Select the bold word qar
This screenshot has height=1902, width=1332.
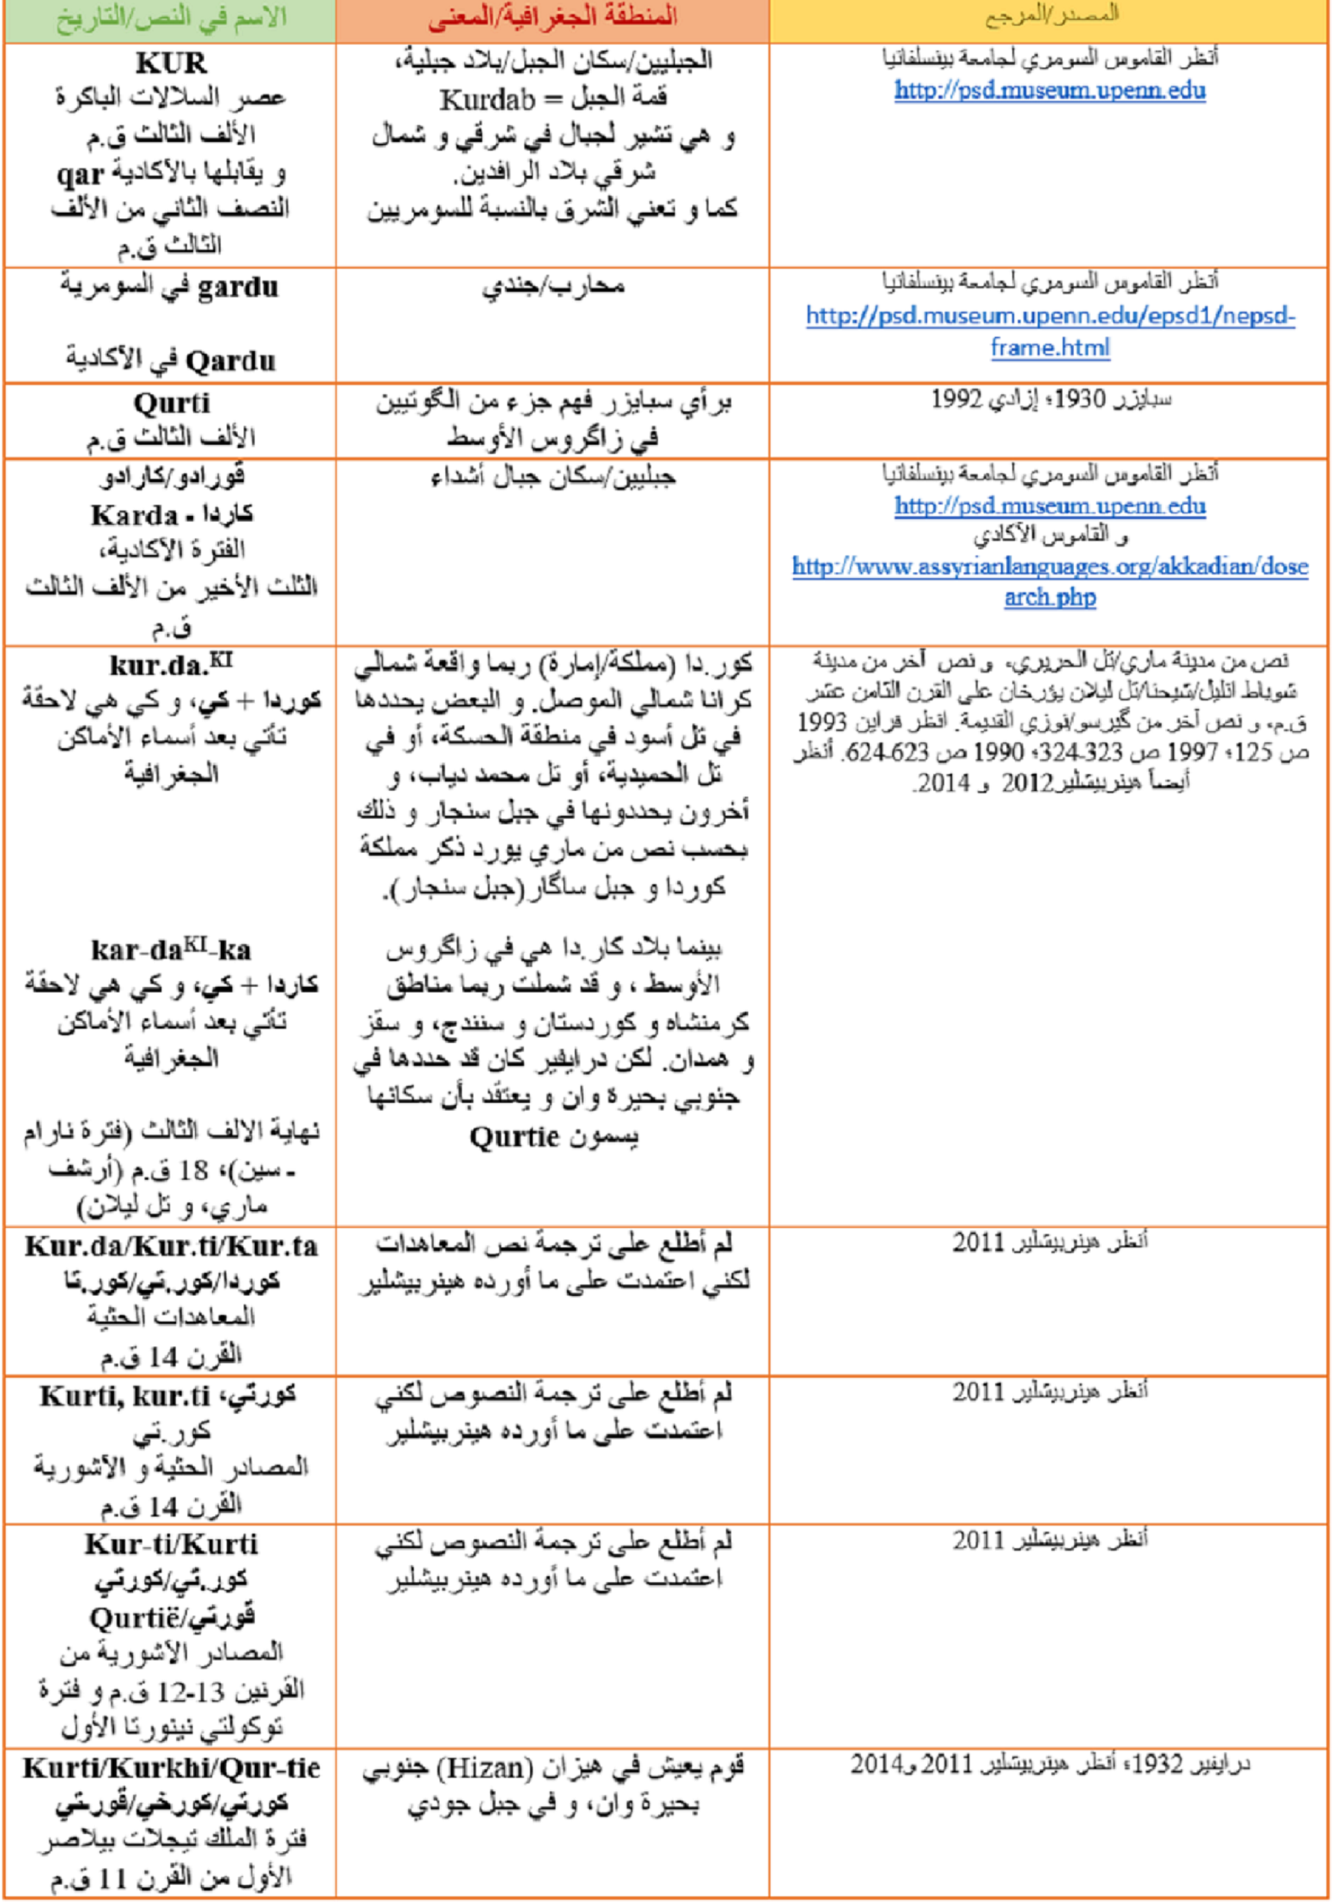pos(80,175)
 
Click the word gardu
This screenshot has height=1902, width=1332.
pos(237,288)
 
